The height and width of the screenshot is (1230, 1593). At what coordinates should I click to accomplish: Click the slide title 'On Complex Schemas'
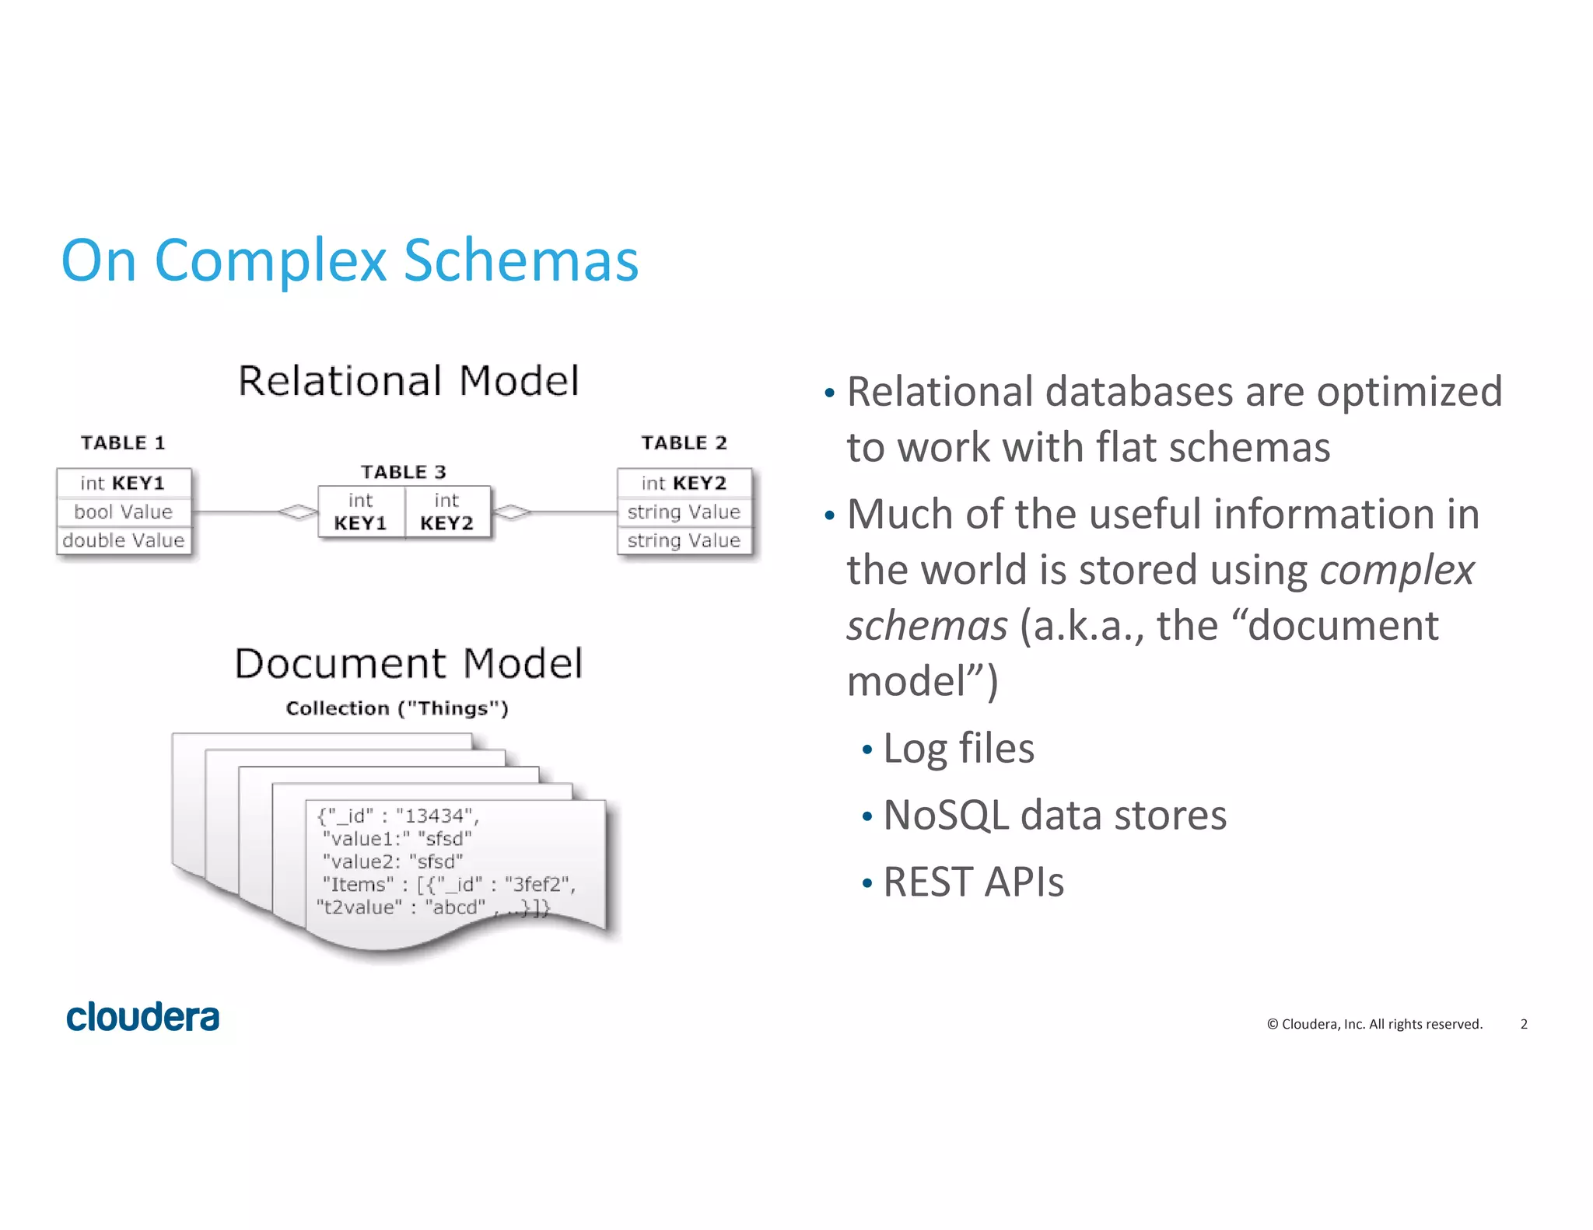(x=350, y=260)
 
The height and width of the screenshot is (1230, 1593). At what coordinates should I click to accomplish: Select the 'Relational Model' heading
(x=408, y=381)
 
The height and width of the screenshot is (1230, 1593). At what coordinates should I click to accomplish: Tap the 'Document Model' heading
(x=408, y=663)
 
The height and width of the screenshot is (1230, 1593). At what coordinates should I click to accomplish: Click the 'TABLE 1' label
(x=123, y=443)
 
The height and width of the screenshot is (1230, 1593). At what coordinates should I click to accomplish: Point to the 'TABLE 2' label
(x=684, y=443)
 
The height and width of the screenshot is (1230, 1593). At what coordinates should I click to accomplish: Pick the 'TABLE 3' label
(x=403, y=472)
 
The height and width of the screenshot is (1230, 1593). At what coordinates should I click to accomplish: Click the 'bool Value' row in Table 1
(x=123, y=512)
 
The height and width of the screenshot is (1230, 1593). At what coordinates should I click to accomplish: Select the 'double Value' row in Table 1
(x=123, y=540)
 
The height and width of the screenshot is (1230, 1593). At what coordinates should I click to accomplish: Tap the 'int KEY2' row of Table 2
(x=684, y=483)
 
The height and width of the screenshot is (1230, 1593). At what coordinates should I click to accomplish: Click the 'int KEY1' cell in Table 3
(x=360, y=512)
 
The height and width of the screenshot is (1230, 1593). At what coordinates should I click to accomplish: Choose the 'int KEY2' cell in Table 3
(x=446, y=512)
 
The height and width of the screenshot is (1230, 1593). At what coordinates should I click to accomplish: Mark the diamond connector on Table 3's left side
(x=298, y=512)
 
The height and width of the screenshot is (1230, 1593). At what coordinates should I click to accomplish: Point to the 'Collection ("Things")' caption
(x=397, y=708)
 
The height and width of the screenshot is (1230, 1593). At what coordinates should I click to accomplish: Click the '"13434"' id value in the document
(x=435, y=816)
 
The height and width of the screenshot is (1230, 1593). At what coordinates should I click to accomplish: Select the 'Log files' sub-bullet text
(x=958, y=749)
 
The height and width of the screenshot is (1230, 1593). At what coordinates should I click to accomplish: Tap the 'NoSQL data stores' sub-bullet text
(x=1055, y=816)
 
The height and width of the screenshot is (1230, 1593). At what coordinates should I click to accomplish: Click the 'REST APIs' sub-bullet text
(x=973, y=882)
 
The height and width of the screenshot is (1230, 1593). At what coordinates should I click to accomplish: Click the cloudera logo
(x=143, y=1017)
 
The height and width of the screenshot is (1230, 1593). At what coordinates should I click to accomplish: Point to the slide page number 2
(x=1524, y=1024)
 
